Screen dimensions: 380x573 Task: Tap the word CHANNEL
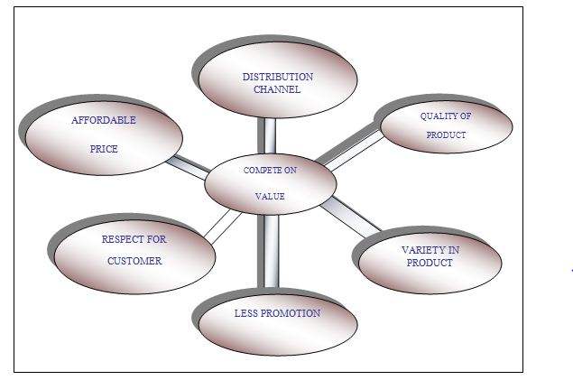277,89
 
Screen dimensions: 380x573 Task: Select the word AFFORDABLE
104,120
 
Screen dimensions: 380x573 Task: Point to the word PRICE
104,149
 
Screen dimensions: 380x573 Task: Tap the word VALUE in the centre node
271,195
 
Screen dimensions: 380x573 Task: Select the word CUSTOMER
134,261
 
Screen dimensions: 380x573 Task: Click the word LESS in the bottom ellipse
246,313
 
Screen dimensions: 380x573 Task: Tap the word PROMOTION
291,313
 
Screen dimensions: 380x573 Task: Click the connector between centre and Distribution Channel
267,135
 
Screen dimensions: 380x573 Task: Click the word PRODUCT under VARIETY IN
430,263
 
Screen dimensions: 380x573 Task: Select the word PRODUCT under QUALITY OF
447,134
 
